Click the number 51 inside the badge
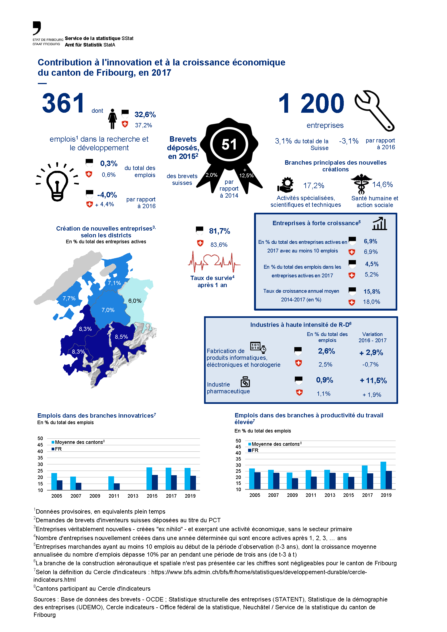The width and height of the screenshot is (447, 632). [x=229, y=144]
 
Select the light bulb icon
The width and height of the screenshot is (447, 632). [x=57, y=182]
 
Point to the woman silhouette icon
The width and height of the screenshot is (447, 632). [x=112, y=119]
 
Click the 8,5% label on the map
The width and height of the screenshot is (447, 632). [x=121, y=337]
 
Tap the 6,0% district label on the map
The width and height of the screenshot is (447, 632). [x=135, y=301]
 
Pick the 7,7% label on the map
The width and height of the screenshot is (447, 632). [x=69, y=298]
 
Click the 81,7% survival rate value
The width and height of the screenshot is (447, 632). [x=219, y=231]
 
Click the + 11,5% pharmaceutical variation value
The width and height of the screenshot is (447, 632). [x=373, y=380]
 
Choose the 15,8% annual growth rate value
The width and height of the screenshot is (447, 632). [x=372, y=291]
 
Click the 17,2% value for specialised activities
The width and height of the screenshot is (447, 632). [x=313, y=185]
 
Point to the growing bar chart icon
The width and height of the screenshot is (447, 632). [x=379, y=224]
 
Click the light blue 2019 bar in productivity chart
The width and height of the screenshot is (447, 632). [x=383, y=475]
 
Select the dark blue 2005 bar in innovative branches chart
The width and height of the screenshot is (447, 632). [x=59, y=485]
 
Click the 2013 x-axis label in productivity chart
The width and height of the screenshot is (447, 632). [x=330, y=495]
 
